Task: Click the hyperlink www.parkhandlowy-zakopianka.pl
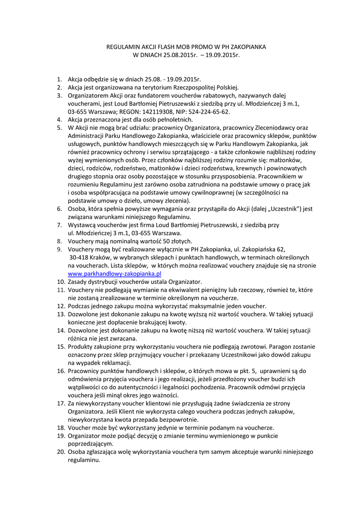click(x=115, y=273)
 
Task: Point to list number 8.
click(x=58, y=241)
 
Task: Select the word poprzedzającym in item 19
click(x=90, y=444)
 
